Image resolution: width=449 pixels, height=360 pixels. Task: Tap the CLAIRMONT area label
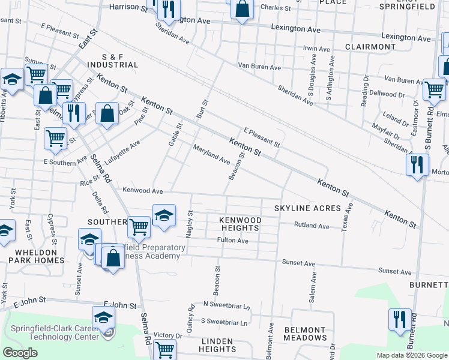[370, 47]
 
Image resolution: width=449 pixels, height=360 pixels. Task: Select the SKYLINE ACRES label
[307, 208]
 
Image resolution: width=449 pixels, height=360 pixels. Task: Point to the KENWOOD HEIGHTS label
[240, 224]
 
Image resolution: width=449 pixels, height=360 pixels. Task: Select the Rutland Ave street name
[312, 226]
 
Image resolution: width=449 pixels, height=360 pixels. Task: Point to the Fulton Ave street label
[232, 241]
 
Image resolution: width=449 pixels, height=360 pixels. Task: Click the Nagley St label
[190, 223]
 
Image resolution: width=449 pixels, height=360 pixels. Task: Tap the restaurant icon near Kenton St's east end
[417, 164]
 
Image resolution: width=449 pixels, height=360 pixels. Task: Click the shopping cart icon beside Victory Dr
[164, 349]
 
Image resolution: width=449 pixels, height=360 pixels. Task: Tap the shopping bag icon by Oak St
[107, 113]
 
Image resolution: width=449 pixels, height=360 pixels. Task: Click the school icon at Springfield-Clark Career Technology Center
[103, 317]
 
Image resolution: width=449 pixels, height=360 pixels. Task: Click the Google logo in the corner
[20, 353]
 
